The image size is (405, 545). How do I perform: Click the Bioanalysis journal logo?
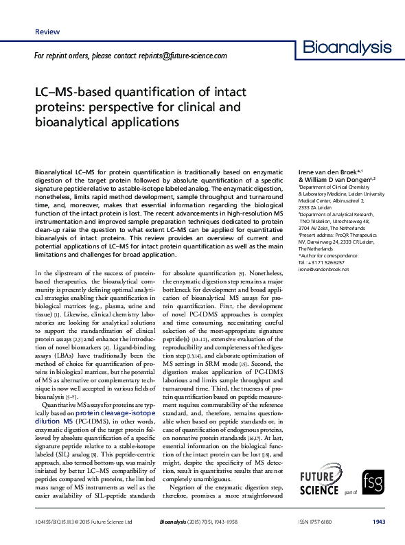(x=347, y=49)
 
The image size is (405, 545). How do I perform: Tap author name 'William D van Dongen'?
(x=336, y=178)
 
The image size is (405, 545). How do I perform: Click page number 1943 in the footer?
(x=379, y=522)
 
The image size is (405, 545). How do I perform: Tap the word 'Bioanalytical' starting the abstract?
(x=58, y=170)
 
